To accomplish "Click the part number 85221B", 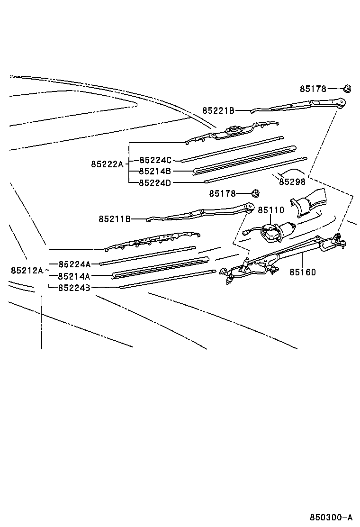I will tap(218, 110).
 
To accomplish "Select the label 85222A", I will tap(107, 164).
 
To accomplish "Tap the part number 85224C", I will tap(155, 160).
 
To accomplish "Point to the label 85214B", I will tap(155, 171).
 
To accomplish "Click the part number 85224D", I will tap(155, 182).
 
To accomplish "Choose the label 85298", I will tap(292, 182).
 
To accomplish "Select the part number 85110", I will tap(270, 210).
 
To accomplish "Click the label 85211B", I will tap(115, 219).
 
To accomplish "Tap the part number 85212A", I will tap(27, 270).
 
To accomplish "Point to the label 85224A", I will tap(74, 263).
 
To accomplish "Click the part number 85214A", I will tap(74, 276).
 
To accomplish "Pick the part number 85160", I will tap(303, 272).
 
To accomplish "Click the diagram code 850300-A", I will tap(331, 517).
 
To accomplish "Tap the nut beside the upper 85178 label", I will tap(347, 88).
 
